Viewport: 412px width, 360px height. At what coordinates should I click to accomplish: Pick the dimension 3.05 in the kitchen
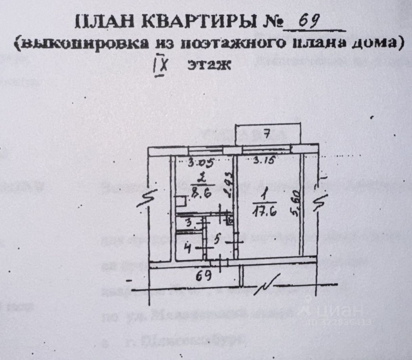[200, 163]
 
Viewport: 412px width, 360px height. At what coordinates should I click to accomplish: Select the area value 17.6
[264, 212]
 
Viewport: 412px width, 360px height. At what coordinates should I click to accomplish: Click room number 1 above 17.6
[265, 196]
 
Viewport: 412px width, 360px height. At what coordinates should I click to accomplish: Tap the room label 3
[189, 223]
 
